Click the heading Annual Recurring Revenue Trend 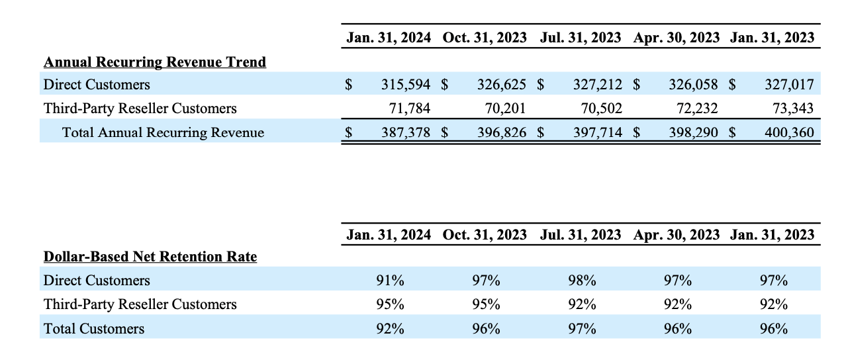tap(154, 62)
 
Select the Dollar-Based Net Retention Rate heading tap(150, 256)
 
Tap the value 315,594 tap(406, 85)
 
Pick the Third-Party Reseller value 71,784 tap(410, 109)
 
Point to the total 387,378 tap(406, 132)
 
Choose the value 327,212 tap(598, 85)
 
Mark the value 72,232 tap(694, 109)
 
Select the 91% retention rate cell tap(390, 281)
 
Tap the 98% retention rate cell tap(582, 281)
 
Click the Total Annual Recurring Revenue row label tap(163, 132)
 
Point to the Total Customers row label tap(93, 328)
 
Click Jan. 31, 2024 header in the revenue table tap(389, 38)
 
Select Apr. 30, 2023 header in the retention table tap(676, 234)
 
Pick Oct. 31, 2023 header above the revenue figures tap(485, 38)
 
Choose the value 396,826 tap(502, 132)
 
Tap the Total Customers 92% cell tap(390, 328)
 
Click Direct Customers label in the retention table tap(97, 281)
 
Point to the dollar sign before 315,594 tap(348, 85)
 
